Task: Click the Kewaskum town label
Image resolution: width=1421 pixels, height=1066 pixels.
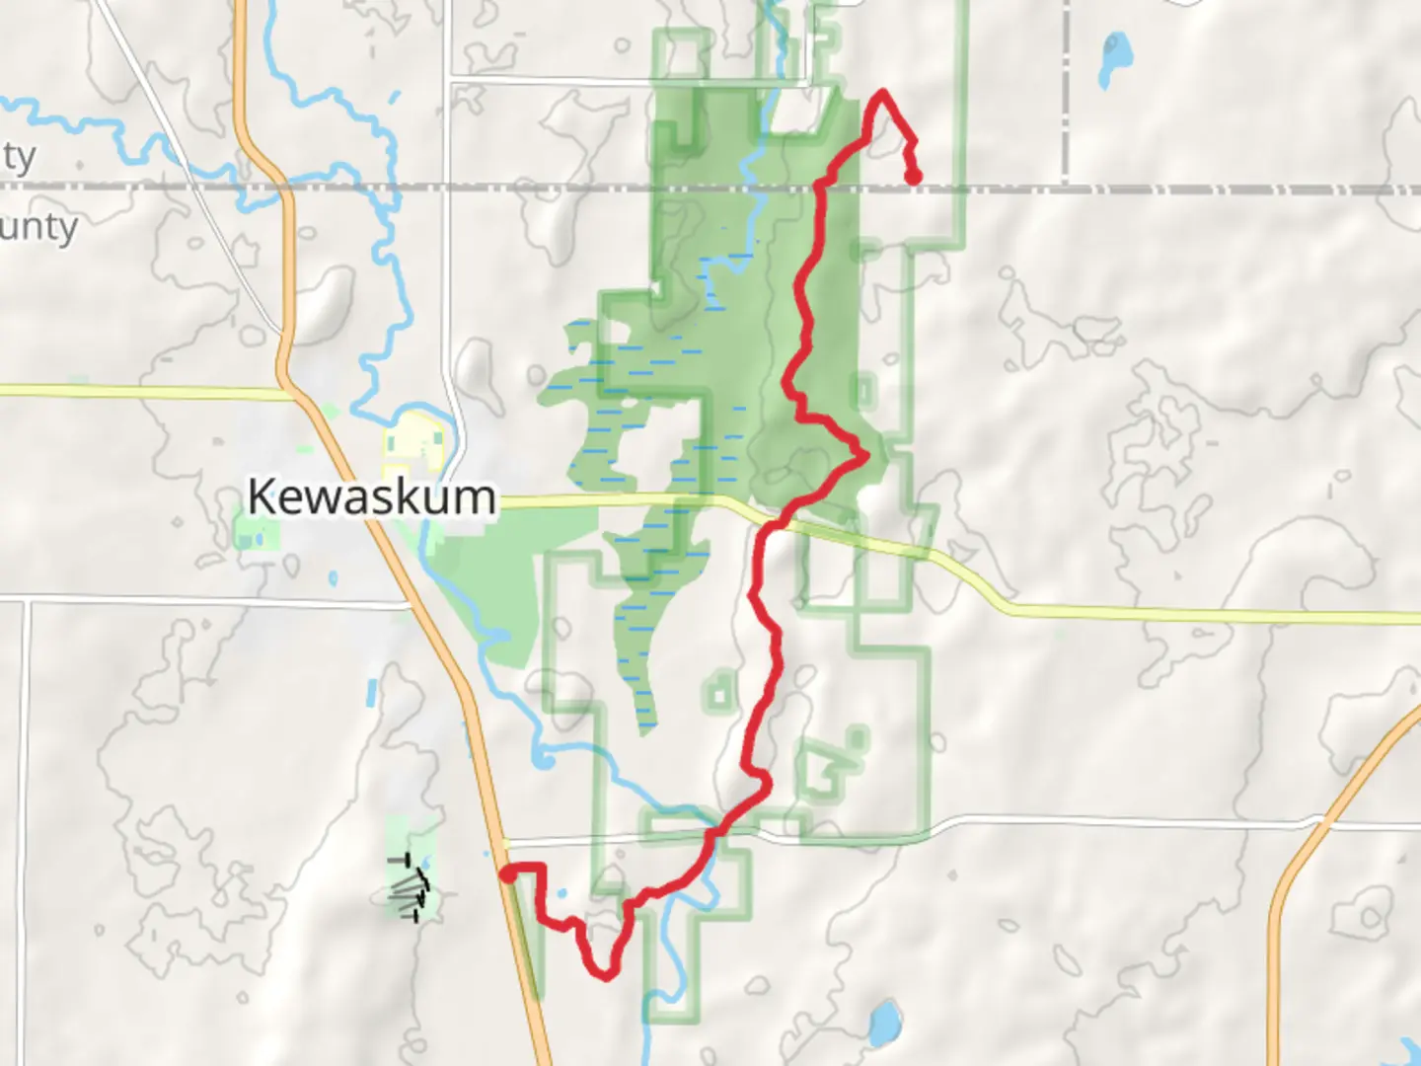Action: tap(371, 496)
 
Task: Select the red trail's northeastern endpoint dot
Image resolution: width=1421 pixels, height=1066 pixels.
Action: tap(915, 178)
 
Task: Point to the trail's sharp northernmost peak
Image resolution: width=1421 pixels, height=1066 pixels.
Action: tap(882, 93)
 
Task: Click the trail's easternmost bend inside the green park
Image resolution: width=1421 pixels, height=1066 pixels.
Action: tap(864, 455)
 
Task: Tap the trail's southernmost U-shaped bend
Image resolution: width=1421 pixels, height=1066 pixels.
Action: tap(605, 975)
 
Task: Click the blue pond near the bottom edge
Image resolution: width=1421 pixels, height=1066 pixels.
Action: tap(884, 1019)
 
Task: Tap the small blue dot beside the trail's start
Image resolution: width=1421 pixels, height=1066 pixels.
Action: tap(561, 894)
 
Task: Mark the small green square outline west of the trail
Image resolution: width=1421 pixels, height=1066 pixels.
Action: tap(719, 696)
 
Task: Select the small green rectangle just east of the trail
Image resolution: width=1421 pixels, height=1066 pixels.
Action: tap(864, 391)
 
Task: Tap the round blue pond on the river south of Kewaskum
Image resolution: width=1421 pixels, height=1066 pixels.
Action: tap(543, 759)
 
